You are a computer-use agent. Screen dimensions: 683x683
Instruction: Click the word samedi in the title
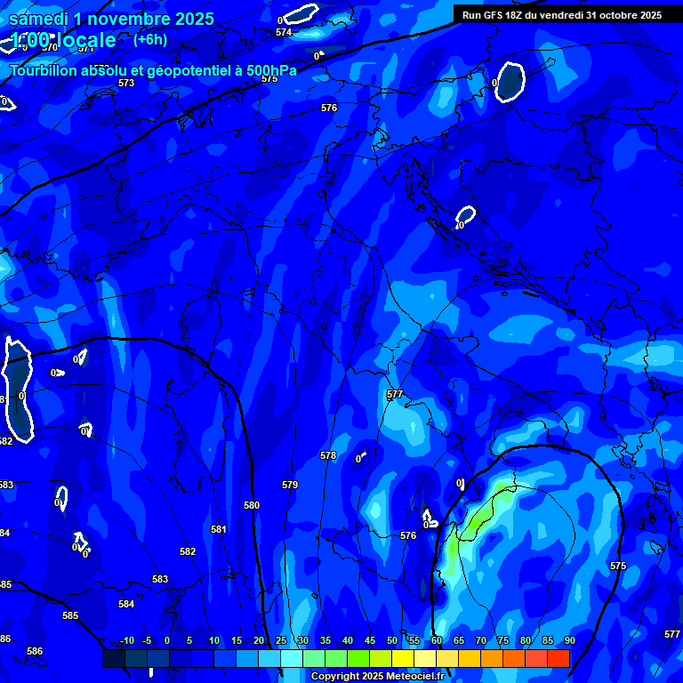(x=43, y=18)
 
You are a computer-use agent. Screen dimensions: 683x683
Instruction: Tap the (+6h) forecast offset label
(x=149, y=39)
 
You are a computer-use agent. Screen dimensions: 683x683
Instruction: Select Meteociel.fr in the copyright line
(x=414, y=677)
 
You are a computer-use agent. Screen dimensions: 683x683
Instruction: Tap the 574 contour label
(x=284, y=33)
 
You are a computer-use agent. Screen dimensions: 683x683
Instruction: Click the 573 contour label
(x=126, y=83)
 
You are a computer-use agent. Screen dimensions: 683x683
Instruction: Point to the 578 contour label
(x=328, y=455)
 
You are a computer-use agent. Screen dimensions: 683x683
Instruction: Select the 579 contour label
(x=289, y=485)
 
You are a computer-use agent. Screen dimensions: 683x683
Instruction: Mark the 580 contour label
(x=252, y=505)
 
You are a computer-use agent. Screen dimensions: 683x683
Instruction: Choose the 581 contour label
(x=219, y=529)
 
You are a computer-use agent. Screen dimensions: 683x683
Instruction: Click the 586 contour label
(x=35, y=652)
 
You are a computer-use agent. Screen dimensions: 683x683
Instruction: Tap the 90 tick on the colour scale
(x=569, y=640)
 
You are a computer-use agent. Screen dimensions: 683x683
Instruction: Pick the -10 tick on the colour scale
(x=126, y=640)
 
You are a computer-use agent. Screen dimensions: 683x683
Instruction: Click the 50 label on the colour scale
(x=392, y=640)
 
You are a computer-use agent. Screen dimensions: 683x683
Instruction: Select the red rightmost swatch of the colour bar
(x=558, y=658)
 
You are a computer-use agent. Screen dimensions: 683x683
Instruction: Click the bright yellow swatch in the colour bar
(x=403, y=658)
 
